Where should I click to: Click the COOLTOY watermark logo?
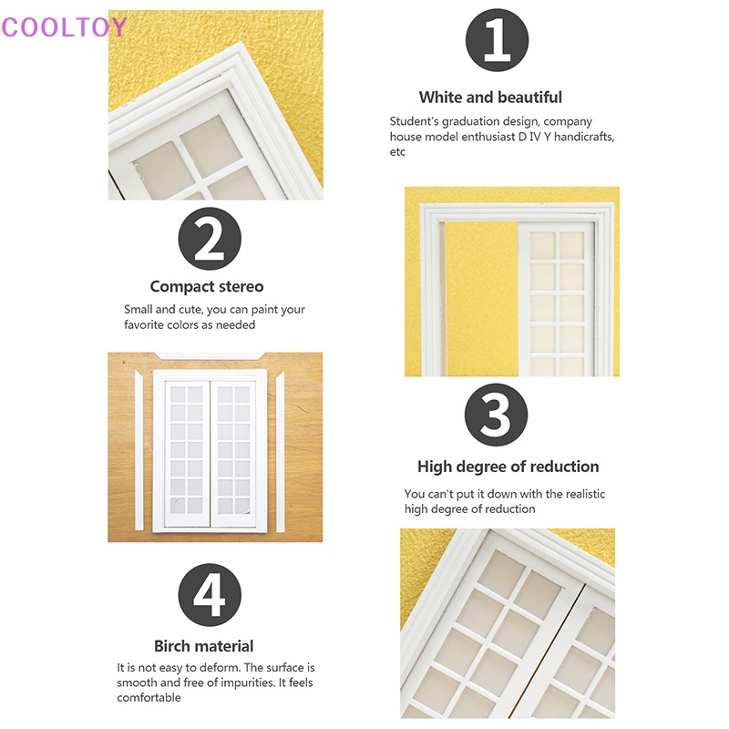[x=64, y=27]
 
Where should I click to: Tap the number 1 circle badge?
[x=497, y=40]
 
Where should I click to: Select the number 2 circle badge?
[x=210, y=239]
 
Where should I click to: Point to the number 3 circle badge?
[x=496, y=415]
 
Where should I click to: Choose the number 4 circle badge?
[x=210, y=595]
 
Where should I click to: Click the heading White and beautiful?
[x=490, y=98]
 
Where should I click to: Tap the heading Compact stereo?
[x=207, y=286]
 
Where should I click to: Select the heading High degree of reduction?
[x=508, y=467]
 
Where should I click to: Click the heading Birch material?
[x=203, y=646]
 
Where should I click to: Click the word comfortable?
[x=149, y=697]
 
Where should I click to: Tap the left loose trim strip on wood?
[x=139, y=450]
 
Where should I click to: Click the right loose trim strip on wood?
[x=281, y=451]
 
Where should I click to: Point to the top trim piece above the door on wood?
[x=210, y=356]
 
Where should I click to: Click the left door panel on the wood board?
[x=188, y=454]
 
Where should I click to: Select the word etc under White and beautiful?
[x=397, y=152]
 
